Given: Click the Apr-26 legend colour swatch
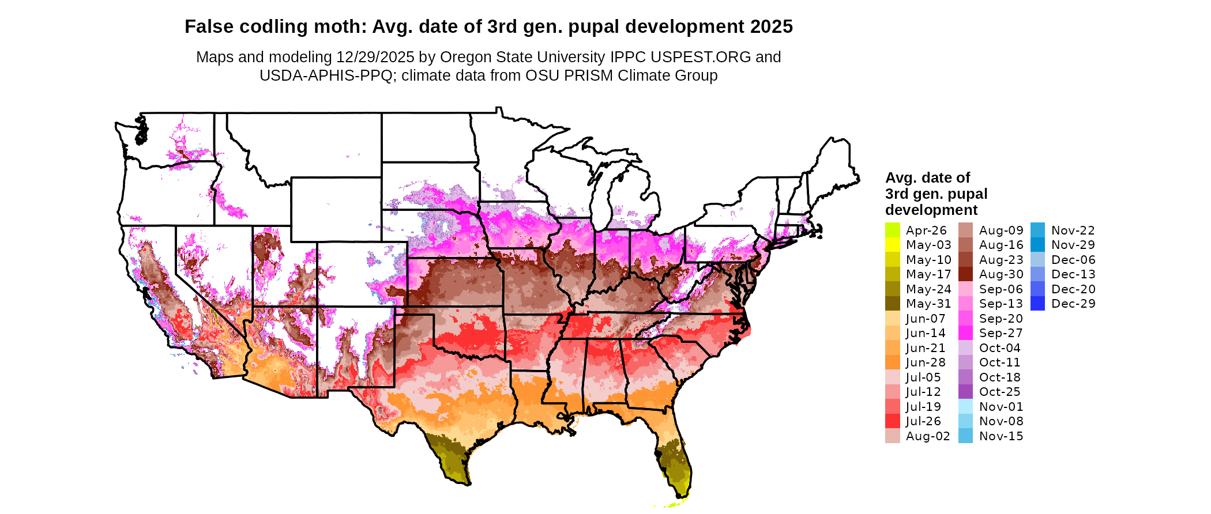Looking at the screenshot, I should [892, 230].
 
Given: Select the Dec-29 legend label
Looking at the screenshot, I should [1073, 304].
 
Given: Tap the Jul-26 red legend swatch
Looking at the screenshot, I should [892, 421].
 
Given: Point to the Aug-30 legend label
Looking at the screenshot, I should [1001, 274].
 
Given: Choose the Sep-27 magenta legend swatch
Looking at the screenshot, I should [965, 333].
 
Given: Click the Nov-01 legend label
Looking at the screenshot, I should [1001, 407].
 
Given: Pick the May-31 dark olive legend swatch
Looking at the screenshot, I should [892, 304].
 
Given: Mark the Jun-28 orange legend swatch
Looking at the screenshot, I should [892, 362].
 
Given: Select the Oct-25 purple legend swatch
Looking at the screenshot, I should [965, 392].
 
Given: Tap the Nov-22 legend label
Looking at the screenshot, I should [1073, 230].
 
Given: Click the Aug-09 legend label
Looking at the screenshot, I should [1001, 230].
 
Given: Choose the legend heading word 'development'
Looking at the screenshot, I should [931, 210].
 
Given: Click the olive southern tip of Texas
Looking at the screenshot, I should [453, 461].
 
